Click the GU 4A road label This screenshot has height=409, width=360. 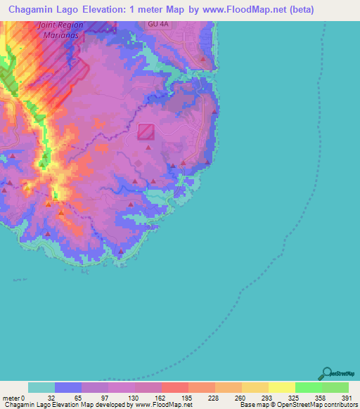157,24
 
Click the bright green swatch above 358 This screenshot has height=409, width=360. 308,387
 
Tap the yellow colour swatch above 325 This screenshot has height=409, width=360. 281,387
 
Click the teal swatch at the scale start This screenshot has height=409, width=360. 41,387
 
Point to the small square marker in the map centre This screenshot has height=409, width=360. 146,131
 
